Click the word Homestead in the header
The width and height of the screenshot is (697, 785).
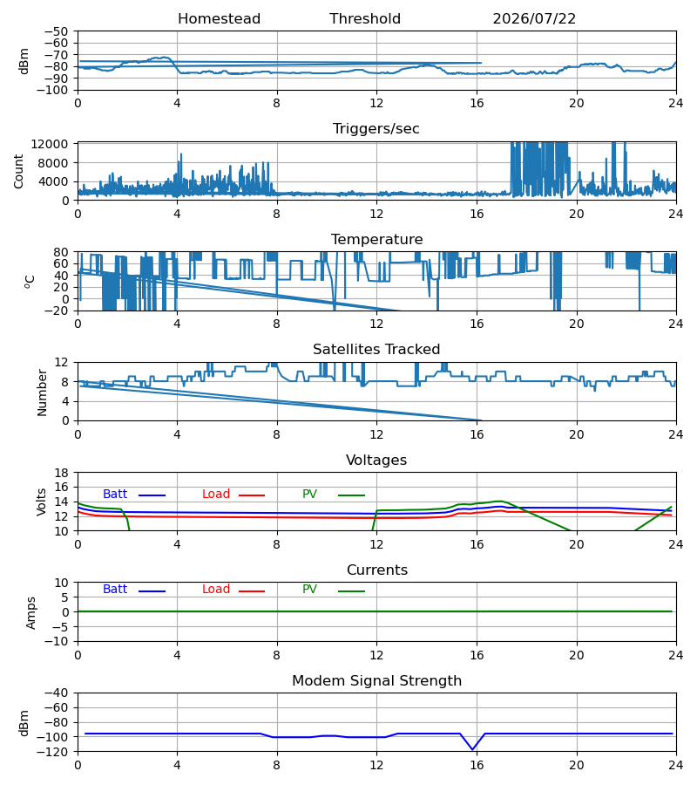[x=219, y=19]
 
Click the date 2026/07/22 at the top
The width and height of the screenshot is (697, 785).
[x=534, y=19]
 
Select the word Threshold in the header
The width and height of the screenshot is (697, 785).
[x=365, y=19]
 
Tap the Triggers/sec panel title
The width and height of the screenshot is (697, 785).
[x=376, y=129]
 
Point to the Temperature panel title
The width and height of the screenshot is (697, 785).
[x=376, y=239]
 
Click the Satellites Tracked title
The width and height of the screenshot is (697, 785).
[x=376, y=350]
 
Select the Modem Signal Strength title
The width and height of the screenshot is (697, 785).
[x=376, y=681]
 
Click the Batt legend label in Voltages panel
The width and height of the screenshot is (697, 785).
[x=115, y=495]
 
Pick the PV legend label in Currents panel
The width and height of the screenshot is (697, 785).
[x=309, y=590]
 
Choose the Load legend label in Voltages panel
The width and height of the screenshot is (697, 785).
[x=216, y=495]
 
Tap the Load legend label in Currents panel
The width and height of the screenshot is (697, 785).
[x=216, y=590]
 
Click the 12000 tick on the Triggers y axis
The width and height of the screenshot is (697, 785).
[x=50, y=144]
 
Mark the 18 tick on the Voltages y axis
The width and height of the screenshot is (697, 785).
[x=62, y=473]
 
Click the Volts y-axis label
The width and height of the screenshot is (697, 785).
[x=42, y=502]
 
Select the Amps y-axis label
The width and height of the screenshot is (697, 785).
[x=31, y=612]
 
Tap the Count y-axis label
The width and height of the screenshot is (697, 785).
[x=18, y=171]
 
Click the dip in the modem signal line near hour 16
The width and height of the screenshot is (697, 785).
[x=472, y=749]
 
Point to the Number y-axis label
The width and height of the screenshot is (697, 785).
[x=42, y=392]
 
